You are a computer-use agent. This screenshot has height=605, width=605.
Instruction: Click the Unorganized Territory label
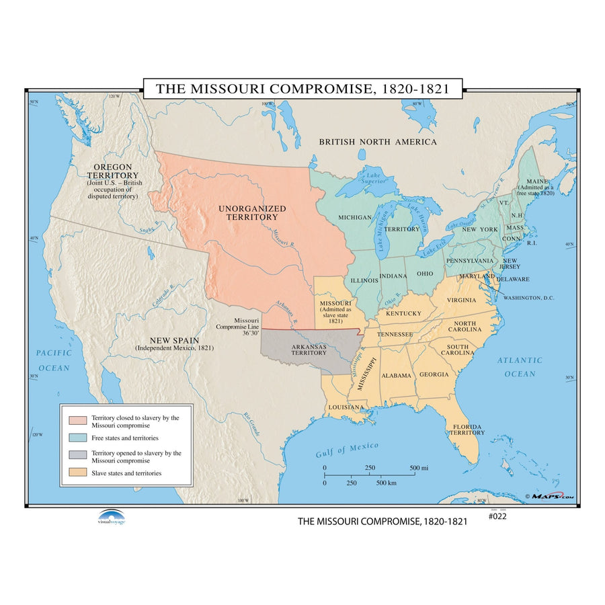coord(252,213)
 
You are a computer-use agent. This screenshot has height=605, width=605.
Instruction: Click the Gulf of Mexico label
coord(347,450)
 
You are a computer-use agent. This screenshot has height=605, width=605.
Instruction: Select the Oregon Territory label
coord(112,171)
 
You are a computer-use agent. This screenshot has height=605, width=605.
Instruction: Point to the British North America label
coord(377,142)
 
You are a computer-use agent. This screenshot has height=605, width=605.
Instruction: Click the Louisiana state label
coord(346,407)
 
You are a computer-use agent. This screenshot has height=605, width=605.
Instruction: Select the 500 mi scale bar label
coord(419,468)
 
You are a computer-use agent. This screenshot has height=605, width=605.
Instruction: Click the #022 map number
coord(498,516)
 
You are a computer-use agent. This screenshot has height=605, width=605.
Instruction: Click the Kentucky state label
coord(403,313)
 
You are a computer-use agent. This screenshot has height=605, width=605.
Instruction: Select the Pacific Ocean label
coord(53,360)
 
